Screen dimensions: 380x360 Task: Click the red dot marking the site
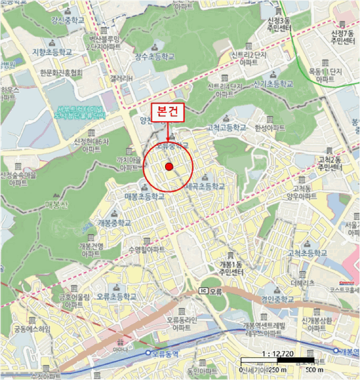tap(169, 167)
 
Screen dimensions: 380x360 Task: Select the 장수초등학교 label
tap(155, 56)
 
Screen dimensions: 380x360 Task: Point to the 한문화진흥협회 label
tap(61, 72)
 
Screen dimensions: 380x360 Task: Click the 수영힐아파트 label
tap(147, 249)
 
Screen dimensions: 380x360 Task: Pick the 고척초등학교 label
tap(307, 253)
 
